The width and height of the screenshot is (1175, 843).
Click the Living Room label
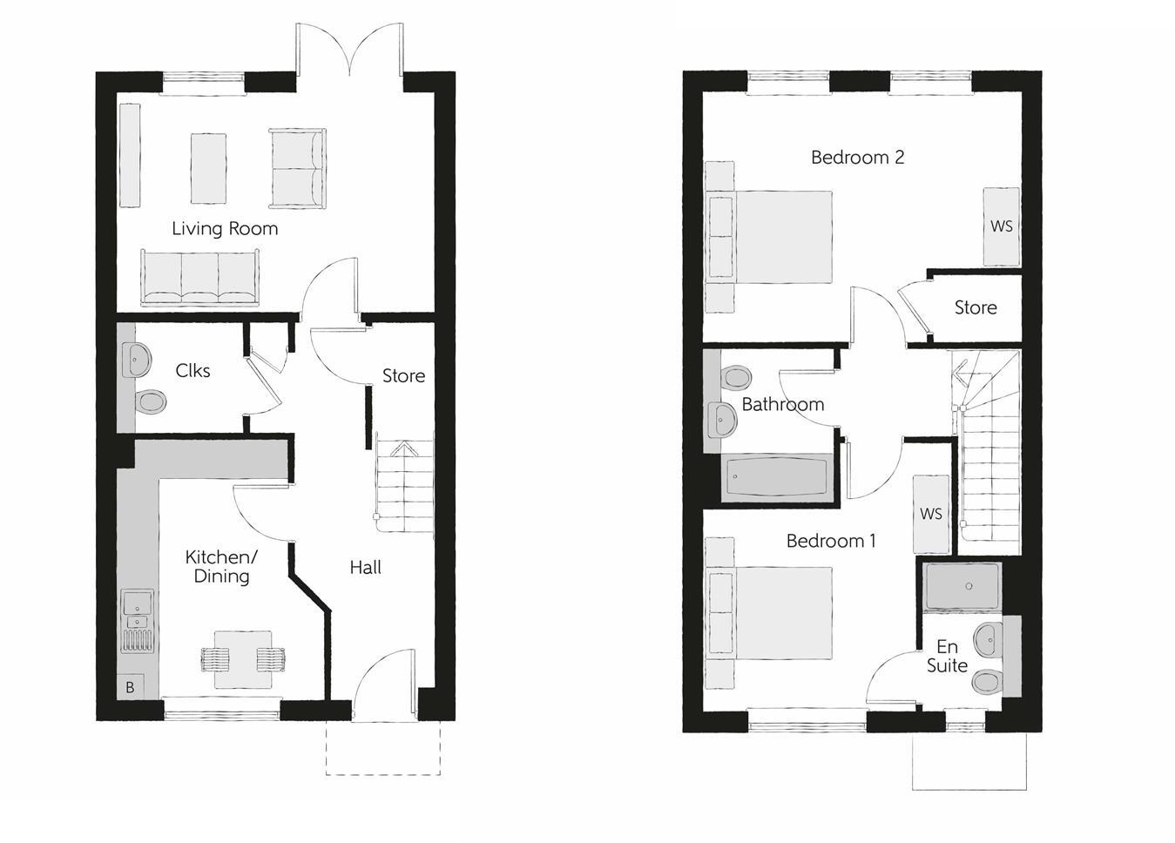pos(225,229)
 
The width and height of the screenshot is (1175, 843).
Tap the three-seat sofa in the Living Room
pos(200,278)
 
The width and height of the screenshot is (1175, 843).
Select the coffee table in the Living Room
pos(208,168)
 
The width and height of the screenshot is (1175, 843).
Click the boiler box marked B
pos(130,687)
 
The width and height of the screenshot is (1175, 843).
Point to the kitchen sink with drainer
pos(138,621)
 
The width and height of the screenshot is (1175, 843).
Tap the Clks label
pos(192,371)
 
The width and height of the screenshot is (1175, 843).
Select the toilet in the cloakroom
pos(151,401)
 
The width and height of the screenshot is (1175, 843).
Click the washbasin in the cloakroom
pos(137,358)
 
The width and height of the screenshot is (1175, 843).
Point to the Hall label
pos(366,568)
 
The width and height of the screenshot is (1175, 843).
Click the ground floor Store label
pos(403,376)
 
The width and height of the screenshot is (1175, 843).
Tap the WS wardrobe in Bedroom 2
pos(1002,226)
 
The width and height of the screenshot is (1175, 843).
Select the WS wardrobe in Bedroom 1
pos(930,514)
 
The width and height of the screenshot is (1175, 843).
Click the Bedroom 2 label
pos(857,158)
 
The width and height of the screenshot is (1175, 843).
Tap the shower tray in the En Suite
pos(963,586)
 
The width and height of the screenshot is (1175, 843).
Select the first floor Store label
pos(975,308)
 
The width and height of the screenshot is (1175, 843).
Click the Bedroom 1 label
pos(831,541)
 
